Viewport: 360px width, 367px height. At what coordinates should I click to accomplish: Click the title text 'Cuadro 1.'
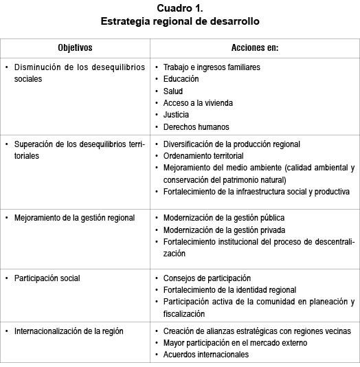(179, 8)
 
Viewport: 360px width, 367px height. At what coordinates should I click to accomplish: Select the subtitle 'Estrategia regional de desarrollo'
(179, 21)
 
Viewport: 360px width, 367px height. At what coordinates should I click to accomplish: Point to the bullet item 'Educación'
(181, 79)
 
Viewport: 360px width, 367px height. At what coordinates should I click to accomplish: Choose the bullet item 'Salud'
(173, 91)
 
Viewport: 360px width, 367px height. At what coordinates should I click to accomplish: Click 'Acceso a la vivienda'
(198, 102)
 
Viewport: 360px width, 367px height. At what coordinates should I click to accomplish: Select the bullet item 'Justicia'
(176, 115)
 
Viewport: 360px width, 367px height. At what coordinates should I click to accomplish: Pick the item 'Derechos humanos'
(196, 126)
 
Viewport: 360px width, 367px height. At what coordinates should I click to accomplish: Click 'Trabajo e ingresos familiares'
(212, 67)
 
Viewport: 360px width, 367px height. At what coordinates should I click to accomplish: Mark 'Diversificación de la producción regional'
(232, 144)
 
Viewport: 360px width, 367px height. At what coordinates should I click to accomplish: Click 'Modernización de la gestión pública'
(224, 218)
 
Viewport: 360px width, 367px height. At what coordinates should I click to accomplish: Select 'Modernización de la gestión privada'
(224, 230)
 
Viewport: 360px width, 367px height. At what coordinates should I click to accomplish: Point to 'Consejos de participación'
(207, 278)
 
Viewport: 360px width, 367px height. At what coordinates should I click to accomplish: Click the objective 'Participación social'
(47, 278)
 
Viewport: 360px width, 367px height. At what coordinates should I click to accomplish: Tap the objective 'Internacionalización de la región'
(69, 331)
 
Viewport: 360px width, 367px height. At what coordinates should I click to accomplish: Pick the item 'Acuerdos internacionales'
(205, 355)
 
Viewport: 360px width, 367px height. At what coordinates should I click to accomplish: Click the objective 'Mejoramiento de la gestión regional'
(74, 218)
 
